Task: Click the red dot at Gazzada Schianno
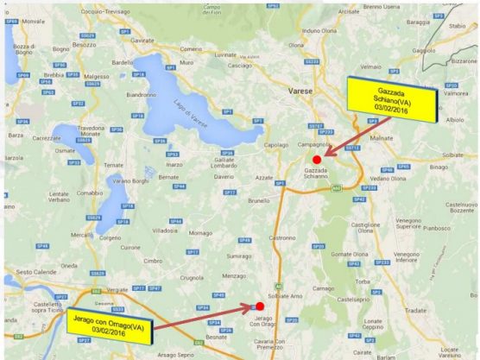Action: tap(317, 160)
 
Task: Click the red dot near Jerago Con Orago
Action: tap(260, 306)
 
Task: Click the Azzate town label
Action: tap(265, 176)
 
